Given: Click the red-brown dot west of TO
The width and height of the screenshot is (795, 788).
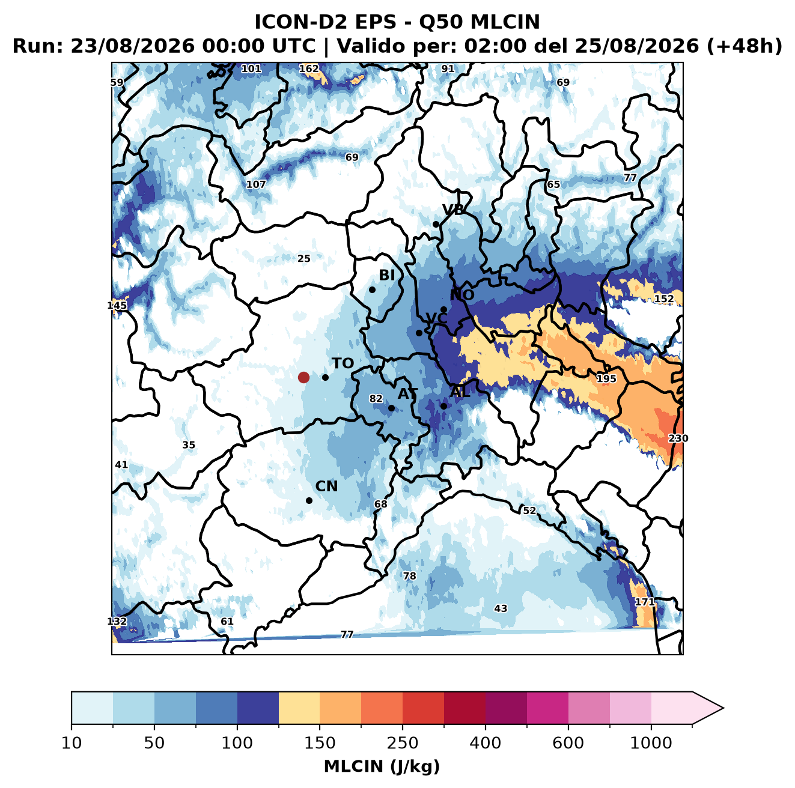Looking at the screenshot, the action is click(x=303, y=377).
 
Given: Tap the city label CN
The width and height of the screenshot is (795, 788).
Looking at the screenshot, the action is click(x=326, y=486).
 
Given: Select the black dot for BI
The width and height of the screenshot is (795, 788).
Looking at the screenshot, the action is click(x=372, y=290).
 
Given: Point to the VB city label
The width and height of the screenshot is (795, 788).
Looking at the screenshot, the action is click(x=453, y=210).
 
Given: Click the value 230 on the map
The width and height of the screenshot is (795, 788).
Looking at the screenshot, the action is click(x=678, y=438).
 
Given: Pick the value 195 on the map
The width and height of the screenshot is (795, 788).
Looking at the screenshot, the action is click(x=606, y=378).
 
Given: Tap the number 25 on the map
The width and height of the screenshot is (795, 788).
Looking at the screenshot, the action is click(x=303, y=258).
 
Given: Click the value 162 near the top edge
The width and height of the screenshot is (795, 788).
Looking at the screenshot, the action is click(x=309, y=68).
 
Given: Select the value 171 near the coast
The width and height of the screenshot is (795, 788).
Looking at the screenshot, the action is click(x=644, y=602).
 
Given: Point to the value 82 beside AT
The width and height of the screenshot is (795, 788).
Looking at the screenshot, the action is click(x=376, y=399).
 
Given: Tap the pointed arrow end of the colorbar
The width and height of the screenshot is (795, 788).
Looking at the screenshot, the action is click(x=723, y=708).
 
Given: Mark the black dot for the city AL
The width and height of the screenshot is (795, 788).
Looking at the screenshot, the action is click(x=443, y=406).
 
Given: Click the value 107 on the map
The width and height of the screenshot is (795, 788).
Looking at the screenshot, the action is click(x=256, y=184).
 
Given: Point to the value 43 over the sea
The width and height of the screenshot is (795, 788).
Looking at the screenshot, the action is click(x=501, y=608).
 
